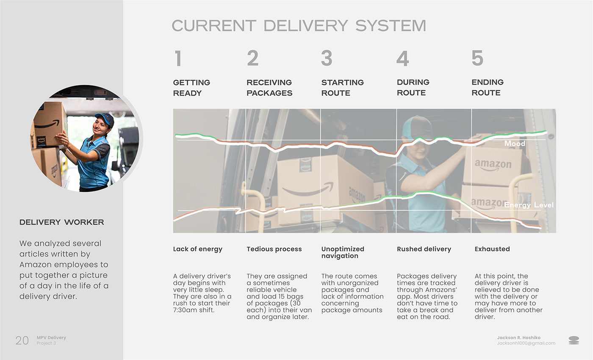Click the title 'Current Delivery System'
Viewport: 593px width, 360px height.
tap(299, 25)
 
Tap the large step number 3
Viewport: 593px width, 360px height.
tap(327, 58)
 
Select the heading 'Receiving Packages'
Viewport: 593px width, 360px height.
tap(269, 88)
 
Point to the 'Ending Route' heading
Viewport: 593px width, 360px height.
tap(487, 87)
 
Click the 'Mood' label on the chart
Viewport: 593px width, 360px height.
tap(515, 144)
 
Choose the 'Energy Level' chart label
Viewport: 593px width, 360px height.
tap(529, 205)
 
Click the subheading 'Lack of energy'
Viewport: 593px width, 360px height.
tap(197, 249)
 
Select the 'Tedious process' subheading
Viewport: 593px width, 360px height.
tap(274, 249)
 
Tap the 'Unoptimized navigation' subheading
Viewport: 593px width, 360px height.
tap(343, 252)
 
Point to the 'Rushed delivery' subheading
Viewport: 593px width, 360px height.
tap(424, 249)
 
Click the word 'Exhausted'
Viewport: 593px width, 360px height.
tap(492, 249)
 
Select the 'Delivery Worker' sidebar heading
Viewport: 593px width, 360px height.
tap(62, 222)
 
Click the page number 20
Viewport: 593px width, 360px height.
tap(22, 340)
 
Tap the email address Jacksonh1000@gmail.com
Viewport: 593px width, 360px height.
tap(526, 343)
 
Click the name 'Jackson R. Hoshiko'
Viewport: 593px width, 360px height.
tap(518, 338)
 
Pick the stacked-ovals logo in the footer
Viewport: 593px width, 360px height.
tap(574, 340)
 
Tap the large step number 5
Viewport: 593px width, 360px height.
tap(477, 58)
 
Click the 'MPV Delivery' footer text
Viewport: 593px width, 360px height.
tap(51, 338)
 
